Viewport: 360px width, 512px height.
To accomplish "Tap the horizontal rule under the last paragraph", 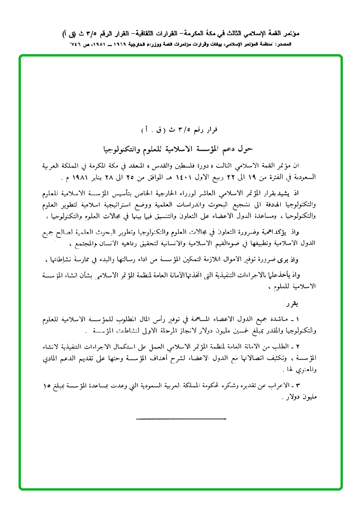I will point(180,419).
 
